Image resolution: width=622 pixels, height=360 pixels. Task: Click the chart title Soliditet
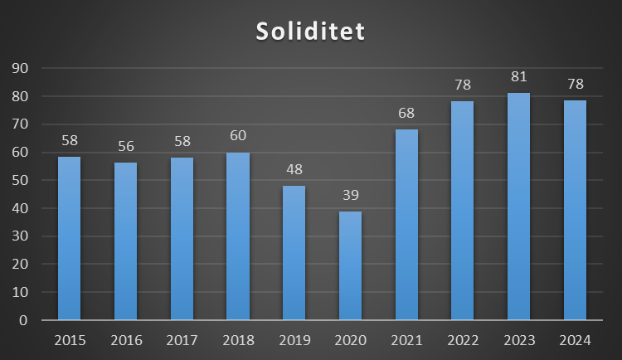[310, 32]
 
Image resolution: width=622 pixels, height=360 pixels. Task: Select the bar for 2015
[69, 238]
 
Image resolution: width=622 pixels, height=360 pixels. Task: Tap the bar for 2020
[350, 265]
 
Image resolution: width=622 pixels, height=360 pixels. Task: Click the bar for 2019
[294, 253]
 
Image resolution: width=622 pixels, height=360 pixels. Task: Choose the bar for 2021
[406, 224]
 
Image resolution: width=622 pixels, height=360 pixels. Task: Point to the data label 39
[350, 195]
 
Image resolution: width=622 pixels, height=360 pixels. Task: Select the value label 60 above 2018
[238, 136]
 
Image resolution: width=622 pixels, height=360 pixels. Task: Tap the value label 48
[294, 169]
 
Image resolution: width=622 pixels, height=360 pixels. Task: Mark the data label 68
[406, 113]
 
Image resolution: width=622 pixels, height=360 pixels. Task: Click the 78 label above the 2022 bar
[463, 85]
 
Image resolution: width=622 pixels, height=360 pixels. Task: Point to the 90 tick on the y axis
[19, 68]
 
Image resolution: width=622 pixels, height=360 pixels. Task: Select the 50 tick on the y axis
[19, 180]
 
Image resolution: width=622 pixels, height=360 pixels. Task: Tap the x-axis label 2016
[125, 340]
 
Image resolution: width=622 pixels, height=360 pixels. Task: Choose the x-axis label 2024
[575, 340]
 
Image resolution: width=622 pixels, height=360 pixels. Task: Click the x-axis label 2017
[182, 340]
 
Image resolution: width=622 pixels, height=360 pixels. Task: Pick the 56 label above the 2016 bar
[125, 146]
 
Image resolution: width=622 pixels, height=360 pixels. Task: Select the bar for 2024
[575, 210]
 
